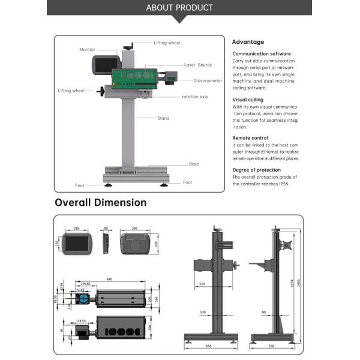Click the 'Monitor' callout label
pyautogui.click(x=87, y=50)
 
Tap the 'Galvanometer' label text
pyautogui.click(x=208, y=80)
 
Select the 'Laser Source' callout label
pyautogui.click(x=198, y=64)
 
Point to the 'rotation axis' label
pyautogui.click(x=195, y=97)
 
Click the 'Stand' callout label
pyautogui.click(x=163, y=118)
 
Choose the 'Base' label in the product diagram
pyautogui.click(x=194, y=164)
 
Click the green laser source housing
pyautogui.click(x=134, y=77)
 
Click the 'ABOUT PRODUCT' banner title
pyautogui.click(x=179, y=8)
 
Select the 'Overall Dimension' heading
pyautogui.click(x=100, y=203)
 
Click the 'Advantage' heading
pyautogui.click(x=248, y=42)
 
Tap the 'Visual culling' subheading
pyautogui.click(x=248, y=100)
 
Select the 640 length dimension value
pyautogui.click(x=109, y=279)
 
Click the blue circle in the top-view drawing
pyautogui.click(x=84, y=298)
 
